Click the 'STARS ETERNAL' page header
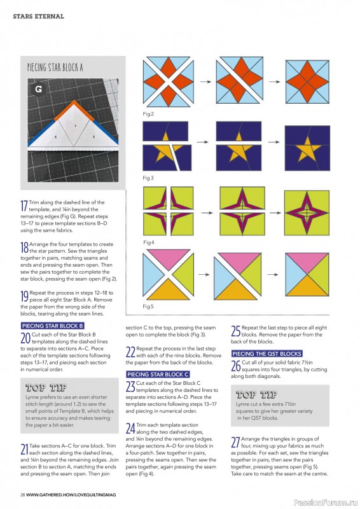coord(38,17)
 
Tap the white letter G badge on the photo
coord(38,89)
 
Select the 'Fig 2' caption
coord(148,114)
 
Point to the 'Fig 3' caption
coord(148,178)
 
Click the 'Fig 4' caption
coord(149,242)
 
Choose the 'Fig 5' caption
coord(148,307)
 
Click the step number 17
coord(24,206)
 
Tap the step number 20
coord(25,338)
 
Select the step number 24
coord(130,428)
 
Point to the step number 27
coord(235,442)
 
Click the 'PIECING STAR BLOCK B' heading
coord(53,326)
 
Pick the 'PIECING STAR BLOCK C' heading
coord(158,374)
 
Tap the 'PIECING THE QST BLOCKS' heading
coord(267,354)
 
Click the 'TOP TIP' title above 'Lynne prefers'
coord(46,387)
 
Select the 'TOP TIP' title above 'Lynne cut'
coord(256,394)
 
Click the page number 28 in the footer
coord(22,495)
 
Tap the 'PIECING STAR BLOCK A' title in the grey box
coord(55,67)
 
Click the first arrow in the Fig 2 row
coord(205,81)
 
